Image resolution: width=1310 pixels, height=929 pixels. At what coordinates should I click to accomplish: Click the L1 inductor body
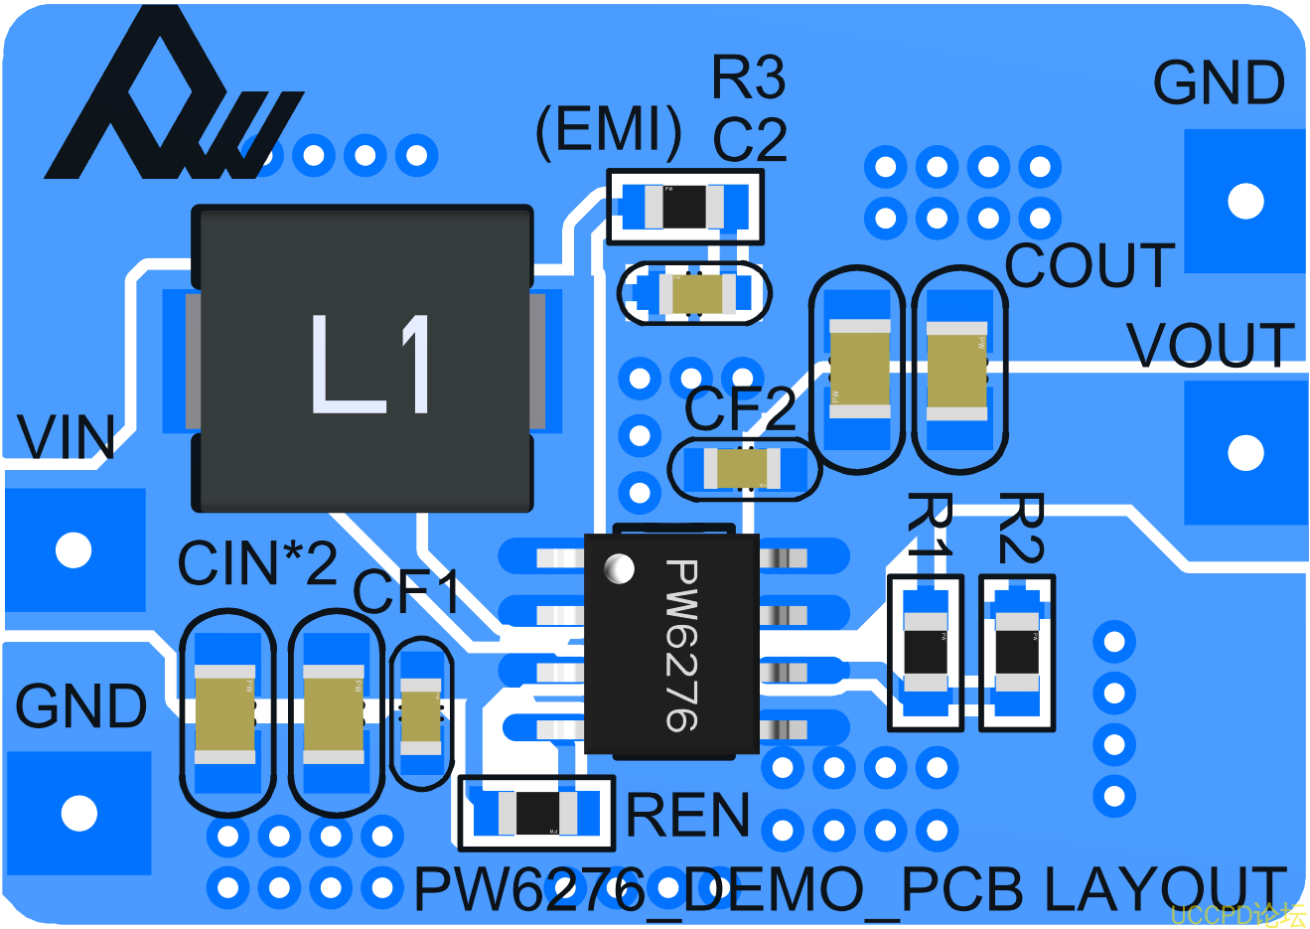click(x=363, y=360)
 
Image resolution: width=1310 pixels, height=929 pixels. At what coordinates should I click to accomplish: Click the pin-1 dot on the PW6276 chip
click(x=620, y=568)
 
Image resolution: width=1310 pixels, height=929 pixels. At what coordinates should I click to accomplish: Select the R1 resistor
click(x=926, y=653)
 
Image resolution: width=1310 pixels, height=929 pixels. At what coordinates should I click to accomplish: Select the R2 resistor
click(x=1017, y=653)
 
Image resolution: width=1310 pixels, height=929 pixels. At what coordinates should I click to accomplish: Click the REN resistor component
click(x=537, y=814)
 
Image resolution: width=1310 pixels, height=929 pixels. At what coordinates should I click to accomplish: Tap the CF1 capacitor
click(x=421, y=715)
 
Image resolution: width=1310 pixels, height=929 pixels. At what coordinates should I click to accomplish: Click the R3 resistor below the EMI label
click(x=684, y=207)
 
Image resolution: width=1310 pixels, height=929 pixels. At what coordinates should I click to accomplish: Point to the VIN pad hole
click(x=73, y=549)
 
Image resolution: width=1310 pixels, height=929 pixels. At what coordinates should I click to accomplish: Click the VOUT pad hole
click(x=1245, y=453)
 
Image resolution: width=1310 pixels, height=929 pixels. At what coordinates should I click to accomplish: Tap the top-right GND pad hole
click(x=1245, y=201)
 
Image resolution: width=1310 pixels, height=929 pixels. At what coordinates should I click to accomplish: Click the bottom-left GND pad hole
click(x=79, y=813)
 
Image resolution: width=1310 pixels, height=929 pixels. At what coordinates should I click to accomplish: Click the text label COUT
click(x=1090, y=265)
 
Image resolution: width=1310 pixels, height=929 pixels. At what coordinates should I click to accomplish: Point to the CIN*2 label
click(x=257, y=563)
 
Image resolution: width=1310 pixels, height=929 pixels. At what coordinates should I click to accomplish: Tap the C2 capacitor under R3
click(x=694, y=293)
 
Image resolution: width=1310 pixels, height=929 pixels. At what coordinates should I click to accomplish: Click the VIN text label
click(x=67, y=437)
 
